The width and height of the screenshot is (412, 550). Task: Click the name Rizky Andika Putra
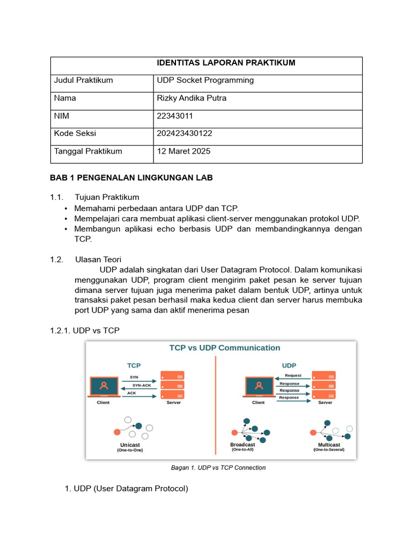tap(191, 98)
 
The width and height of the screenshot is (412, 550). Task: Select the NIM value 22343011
tap(175, 116)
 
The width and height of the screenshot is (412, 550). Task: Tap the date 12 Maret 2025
tap(183, 151)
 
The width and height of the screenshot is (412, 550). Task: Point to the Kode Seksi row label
tap(75, 134)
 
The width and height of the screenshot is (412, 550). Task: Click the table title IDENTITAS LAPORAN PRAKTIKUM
tap(226, 63)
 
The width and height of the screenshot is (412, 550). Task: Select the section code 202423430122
tap(185, 134)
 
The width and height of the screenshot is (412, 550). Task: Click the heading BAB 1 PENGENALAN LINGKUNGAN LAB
tap(131, 178)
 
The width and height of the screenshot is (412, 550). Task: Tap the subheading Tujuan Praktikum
tap(107, 197)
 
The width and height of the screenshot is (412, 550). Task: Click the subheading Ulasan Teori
tap(98, 259)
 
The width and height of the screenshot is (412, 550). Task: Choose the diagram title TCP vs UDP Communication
tap(225, 348)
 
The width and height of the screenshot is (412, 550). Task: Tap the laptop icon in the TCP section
tap(104, 386)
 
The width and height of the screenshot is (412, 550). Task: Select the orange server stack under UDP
tap(324, 385)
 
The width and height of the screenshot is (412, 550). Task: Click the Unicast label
tap(130, 445)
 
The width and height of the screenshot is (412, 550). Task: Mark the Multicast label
tap(329, 445)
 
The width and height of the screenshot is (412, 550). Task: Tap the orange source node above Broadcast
tap(234, 432)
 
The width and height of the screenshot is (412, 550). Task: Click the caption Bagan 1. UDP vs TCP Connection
tap(218, 468)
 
